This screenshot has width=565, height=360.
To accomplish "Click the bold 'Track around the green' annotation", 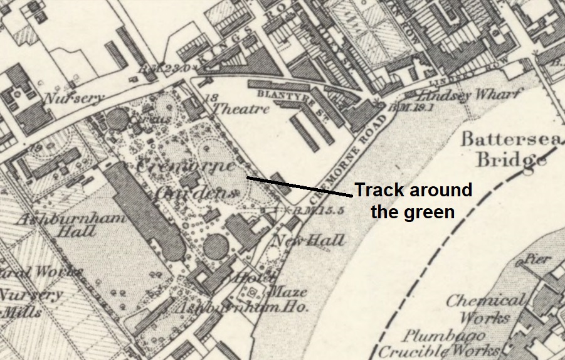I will (x=413, y=201).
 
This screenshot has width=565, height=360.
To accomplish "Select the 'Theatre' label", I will (x=240, y=109).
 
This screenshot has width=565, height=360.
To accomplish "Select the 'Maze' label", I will (x=288, y=292).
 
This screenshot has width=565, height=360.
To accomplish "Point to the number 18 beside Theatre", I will (x=211, y=98).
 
